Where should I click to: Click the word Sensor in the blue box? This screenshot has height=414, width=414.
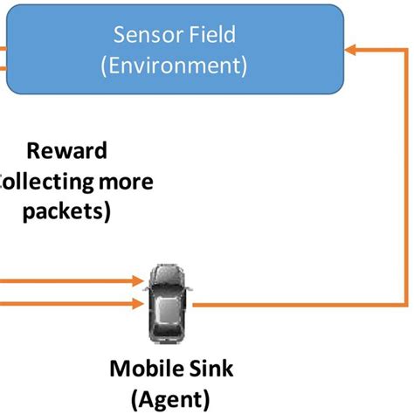146,36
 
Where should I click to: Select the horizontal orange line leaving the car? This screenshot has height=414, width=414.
297,305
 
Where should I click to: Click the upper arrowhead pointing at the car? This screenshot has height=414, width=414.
137,281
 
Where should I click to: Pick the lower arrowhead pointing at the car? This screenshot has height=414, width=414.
137,305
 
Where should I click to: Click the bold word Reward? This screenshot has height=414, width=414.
66,150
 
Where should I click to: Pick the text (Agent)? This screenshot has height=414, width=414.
171,399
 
